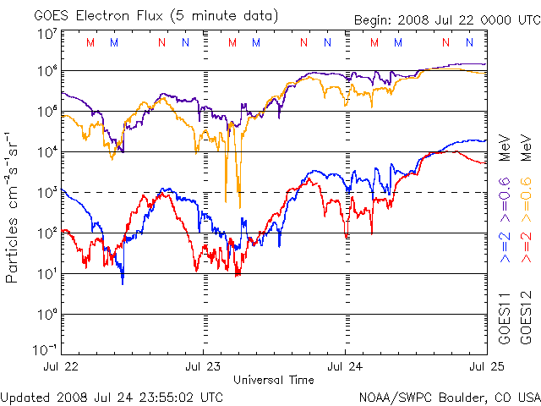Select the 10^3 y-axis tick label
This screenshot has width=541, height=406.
pos(47,193)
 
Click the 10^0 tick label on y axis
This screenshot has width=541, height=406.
pos(47,314)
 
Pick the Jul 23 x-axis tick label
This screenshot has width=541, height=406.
pos(202,365)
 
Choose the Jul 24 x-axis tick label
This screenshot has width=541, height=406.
pos(345,365)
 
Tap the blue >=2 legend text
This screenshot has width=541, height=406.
pos(504,246)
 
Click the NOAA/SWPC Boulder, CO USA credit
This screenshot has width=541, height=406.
pos(449,396)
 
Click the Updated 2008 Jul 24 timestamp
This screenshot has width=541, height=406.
pos(112,396)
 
